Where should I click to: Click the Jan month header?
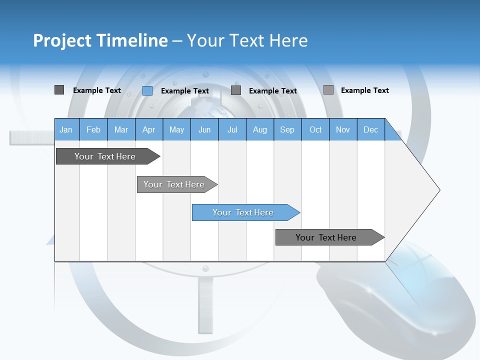coord(66,129)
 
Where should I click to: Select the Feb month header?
coord(93,129)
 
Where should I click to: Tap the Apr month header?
coord(148,129)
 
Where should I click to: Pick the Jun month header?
coord(204,129)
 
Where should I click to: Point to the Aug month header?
coord(259,129)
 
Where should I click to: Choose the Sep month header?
coord(287,129)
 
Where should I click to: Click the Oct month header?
coord(315,129)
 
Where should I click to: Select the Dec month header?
coord(370,129)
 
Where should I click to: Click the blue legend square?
coord(147,90)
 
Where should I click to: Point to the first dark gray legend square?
coord(59,90)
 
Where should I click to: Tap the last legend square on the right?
coord(328,90)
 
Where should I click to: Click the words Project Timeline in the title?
coord(100,40)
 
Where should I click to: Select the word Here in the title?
coord(288,40)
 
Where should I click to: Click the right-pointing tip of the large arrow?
coord(438,189)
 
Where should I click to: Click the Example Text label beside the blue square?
coord(184,91)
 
